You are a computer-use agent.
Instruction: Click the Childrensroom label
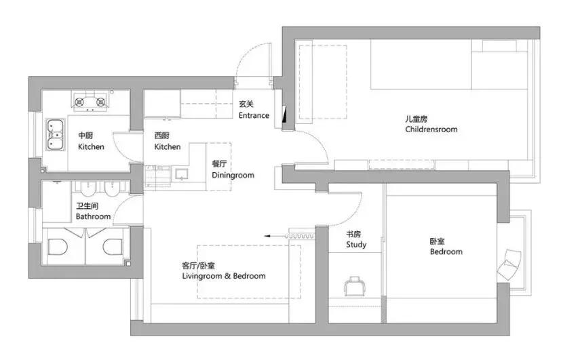click(x=431, y=129)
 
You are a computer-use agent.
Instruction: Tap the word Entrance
click(x=254, y=115)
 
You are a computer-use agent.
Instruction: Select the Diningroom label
click(x=233, y=175)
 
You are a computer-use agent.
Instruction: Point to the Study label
click(x=356, y=244)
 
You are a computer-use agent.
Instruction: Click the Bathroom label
click(x=93, y=216)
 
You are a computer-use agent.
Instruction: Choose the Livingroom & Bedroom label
click(x=223, y=276)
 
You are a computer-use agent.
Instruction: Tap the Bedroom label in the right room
click(x=446, y=252)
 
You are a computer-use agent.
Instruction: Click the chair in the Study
click(x=355, y=286)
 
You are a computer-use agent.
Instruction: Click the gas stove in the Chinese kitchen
click(x=91, y=103)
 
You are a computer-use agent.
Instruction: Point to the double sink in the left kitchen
click(x=54, y=134)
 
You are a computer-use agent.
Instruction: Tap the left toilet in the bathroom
click(x=58, y=246)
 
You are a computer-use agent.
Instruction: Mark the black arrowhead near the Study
click(x=268, y=235)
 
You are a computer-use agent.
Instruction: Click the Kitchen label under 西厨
click(x=168, y=146)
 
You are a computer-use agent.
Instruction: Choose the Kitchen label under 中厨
click(x=91, y=146)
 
